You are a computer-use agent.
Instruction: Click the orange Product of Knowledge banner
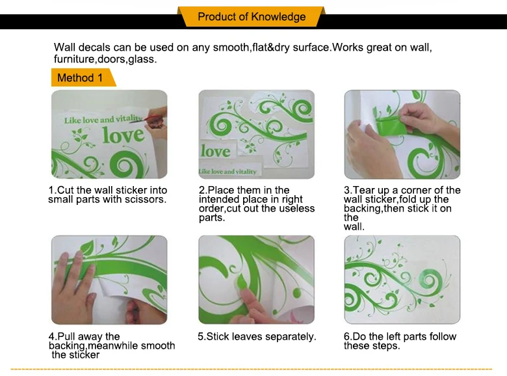tap(252, 16)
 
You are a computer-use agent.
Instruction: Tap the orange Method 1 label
tap(83, 77)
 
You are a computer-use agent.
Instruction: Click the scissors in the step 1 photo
tap(153, 118)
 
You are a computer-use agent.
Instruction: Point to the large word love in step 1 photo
tap(123, 135)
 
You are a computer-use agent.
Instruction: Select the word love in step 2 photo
tap(215, 152)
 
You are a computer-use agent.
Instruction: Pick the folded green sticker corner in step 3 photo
tap(391, 126)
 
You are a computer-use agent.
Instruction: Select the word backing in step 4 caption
tap(67, 346)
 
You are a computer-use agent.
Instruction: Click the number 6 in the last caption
tap(346, 336)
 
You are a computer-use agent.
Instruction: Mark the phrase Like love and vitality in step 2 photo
tap(227, 172)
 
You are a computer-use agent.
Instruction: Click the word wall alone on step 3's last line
tap(353, 226)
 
